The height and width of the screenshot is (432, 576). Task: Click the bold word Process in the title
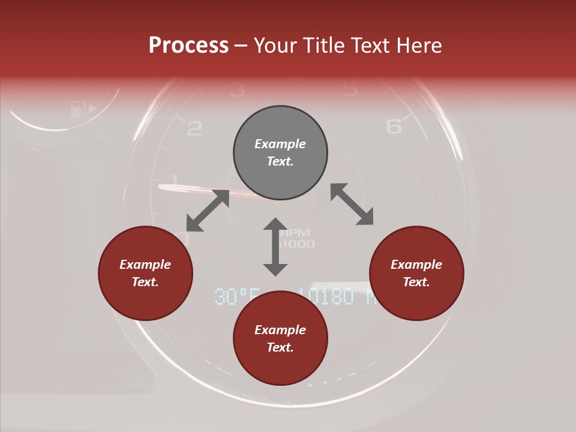188,45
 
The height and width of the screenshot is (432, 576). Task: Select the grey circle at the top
280,153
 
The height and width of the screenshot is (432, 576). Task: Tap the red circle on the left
145,274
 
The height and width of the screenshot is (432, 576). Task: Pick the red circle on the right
416,274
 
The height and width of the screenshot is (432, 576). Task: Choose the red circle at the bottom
280,338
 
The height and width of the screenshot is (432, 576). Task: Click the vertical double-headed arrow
275,247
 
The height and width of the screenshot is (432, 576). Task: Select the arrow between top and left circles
208,210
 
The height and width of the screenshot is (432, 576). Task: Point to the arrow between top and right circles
352,204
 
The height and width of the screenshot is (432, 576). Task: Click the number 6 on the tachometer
394,126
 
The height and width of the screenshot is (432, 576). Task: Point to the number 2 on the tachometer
194,128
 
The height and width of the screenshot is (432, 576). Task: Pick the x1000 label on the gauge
298,244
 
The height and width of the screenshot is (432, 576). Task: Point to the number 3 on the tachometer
238,90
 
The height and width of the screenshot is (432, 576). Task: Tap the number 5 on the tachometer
349,89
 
